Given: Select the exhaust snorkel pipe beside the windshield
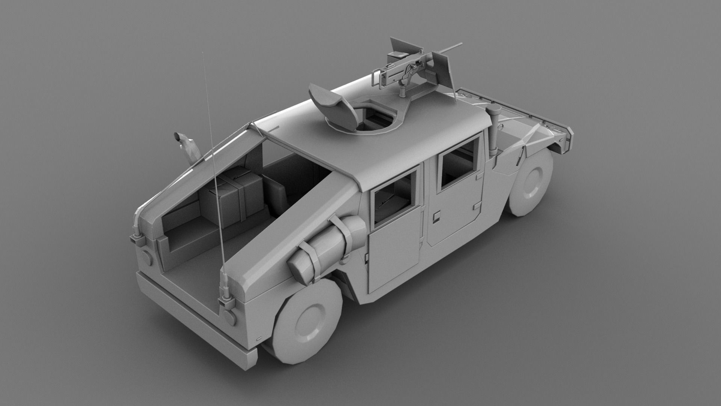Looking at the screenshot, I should point(493,128).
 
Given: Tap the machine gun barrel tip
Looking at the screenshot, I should point(460,45).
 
